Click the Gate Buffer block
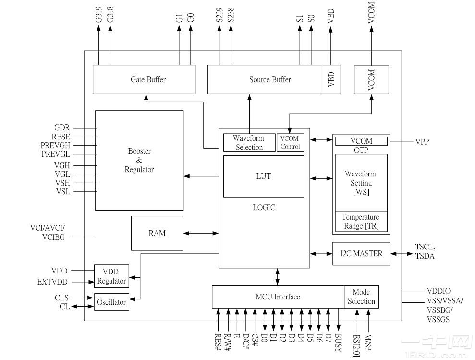pos(144,80)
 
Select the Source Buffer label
pos(270,80)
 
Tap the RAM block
pos(157,233)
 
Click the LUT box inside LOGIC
pos(264,176)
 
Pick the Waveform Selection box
pos(248,143)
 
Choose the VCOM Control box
pos(290,143)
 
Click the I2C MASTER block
pos(361,253)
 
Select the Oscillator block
pos(111,302)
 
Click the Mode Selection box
pos(361,297)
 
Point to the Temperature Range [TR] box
pos(361,222)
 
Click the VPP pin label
pos(422,142)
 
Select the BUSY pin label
pos(338,343)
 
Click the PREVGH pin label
pos(55,145)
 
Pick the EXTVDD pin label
pos(53,282)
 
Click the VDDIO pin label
pos(438,291)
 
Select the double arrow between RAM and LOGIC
pos(201,234)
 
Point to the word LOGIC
pos(264,208)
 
